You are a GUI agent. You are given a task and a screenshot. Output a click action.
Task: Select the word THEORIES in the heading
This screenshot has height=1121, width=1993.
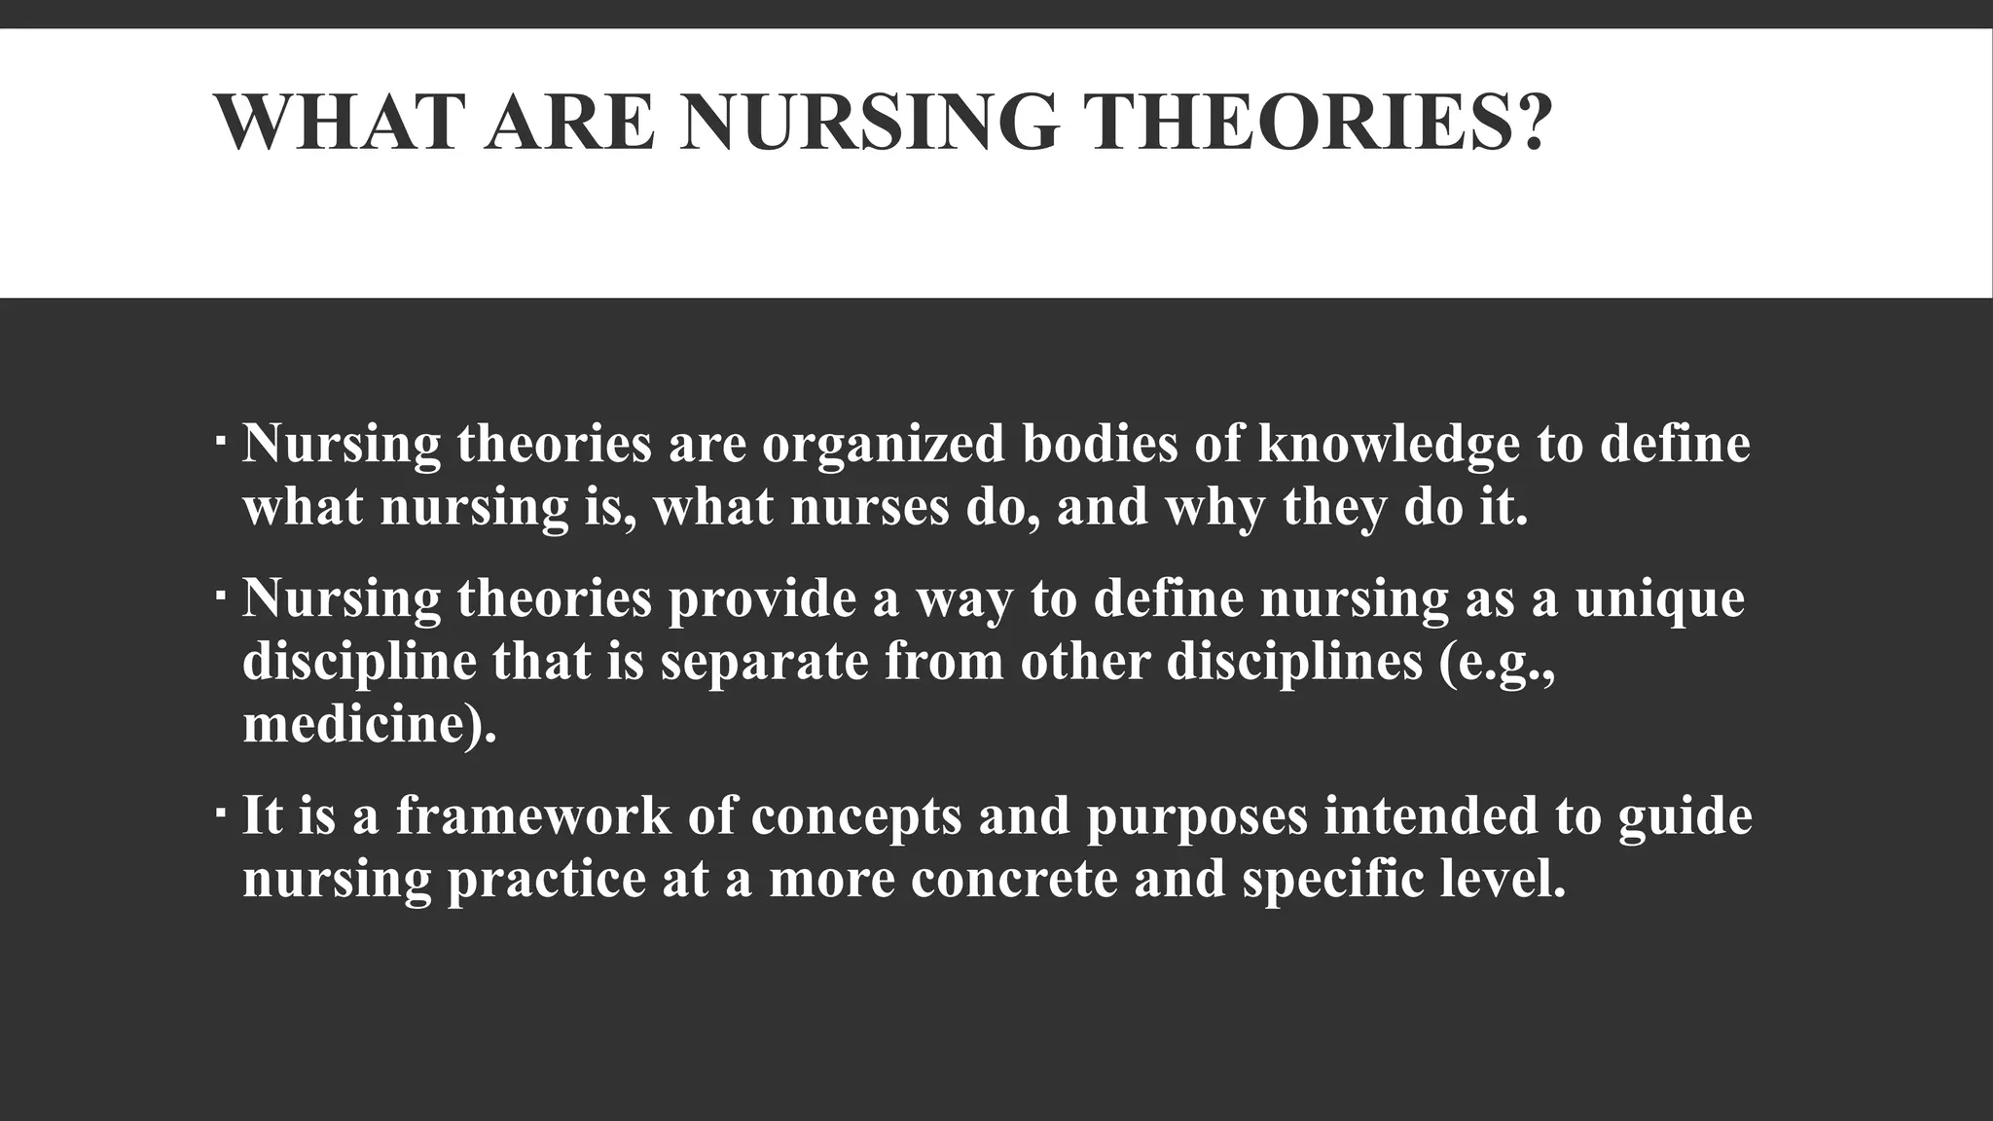pos(1294,123)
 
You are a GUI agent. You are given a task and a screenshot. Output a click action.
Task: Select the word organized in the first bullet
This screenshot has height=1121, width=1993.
pos(883,445)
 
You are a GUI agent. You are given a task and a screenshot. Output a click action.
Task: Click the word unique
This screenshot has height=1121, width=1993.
pos(1659,598)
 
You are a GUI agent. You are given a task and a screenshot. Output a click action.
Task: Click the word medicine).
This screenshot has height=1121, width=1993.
pos(369,725)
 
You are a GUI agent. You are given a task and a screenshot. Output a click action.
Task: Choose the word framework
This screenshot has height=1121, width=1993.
pos(533,815)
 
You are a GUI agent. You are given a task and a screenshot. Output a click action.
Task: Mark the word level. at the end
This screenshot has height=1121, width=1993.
pos(1503,879)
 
